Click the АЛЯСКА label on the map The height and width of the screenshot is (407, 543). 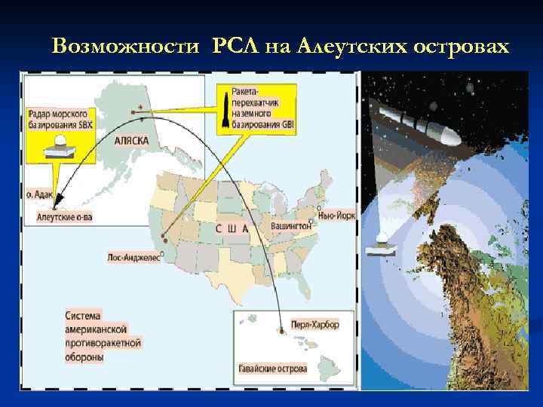pos(130,141)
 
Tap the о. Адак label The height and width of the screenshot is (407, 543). pos(39,194)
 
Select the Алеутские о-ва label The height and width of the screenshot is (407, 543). pos(64,217)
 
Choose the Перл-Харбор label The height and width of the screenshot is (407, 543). pos(314,325)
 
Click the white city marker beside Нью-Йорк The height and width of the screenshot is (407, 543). pos(320,208)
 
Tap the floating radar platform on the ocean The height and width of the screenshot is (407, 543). pos(382,246)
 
